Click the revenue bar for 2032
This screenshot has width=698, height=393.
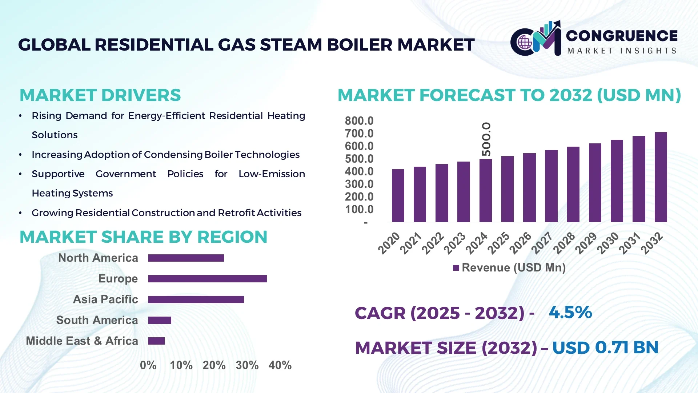click(x=661, y=177)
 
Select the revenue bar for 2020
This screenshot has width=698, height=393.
click(x=398, y=196)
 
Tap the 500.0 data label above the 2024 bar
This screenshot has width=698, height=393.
click(x=486, y=139)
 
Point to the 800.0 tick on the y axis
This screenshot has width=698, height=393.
click(x=359, y=121)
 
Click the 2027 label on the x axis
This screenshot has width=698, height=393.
click(x=542, y=243)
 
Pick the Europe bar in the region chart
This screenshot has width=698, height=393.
click(x=207, y=279)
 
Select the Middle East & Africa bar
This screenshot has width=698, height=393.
click(x=156, y=341)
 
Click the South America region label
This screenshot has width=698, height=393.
click(x=97, y=320)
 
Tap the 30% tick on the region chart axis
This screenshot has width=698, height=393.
click(x=247, y=365)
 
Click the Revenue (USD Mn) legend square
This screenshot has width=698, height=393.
click(x=456, y=268)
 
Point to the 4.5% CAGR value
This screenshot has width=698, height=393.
click(x=570, y=312)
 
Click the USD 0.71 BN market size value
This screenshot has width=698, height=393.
click(x=605, y=347)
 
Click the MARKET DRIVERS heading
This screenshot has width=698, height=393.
click(x=100, y=95)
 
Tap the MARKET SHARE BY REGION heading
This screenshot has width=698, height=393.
click(x=143, y=237)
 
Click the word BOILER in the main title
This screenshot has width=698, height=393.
click(x=360, y=45)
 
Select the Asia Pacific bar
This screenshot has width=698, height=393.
click(x=196, y=299)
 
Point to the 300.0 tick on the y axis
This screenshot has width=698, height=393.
click(x=359, y=184)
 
